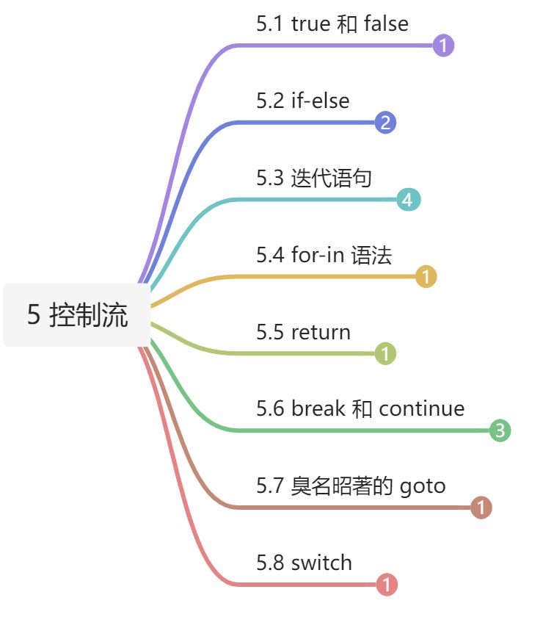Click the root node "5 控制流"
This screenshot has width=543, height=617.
77,315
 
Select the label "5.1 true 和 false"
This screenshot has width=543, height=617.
332,24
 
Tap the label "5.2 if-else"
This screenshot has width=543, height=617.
302,101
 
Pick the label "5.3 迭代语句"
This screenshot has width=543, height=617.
314,178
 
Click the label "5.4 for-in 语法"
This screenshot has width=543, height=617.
324,255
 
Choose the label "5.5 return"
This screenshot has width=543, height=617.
303,332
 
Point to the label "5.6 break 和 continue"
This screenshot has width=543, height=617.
360,408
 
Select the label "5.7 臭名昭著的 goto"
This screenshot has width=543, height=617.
351,486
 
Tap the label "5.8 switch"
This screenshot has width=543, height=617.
304,563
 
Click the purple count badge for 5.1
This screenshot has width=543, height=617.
443,46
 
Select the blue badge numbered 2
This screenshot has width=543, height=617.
385,123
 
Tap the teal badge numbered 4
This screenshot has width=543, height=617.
408,200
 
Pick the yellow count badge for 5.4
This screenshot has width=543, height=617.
426,277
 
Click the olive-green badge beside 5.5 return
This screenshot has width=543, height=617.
385,354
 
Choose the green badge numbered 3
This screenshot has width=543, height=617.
500,430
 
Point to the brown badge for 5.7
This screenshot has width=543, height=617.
481,508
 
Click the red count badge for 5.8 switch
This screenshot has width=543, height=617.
387,585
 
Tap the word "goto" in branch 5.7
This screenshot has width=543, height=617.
423,486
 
